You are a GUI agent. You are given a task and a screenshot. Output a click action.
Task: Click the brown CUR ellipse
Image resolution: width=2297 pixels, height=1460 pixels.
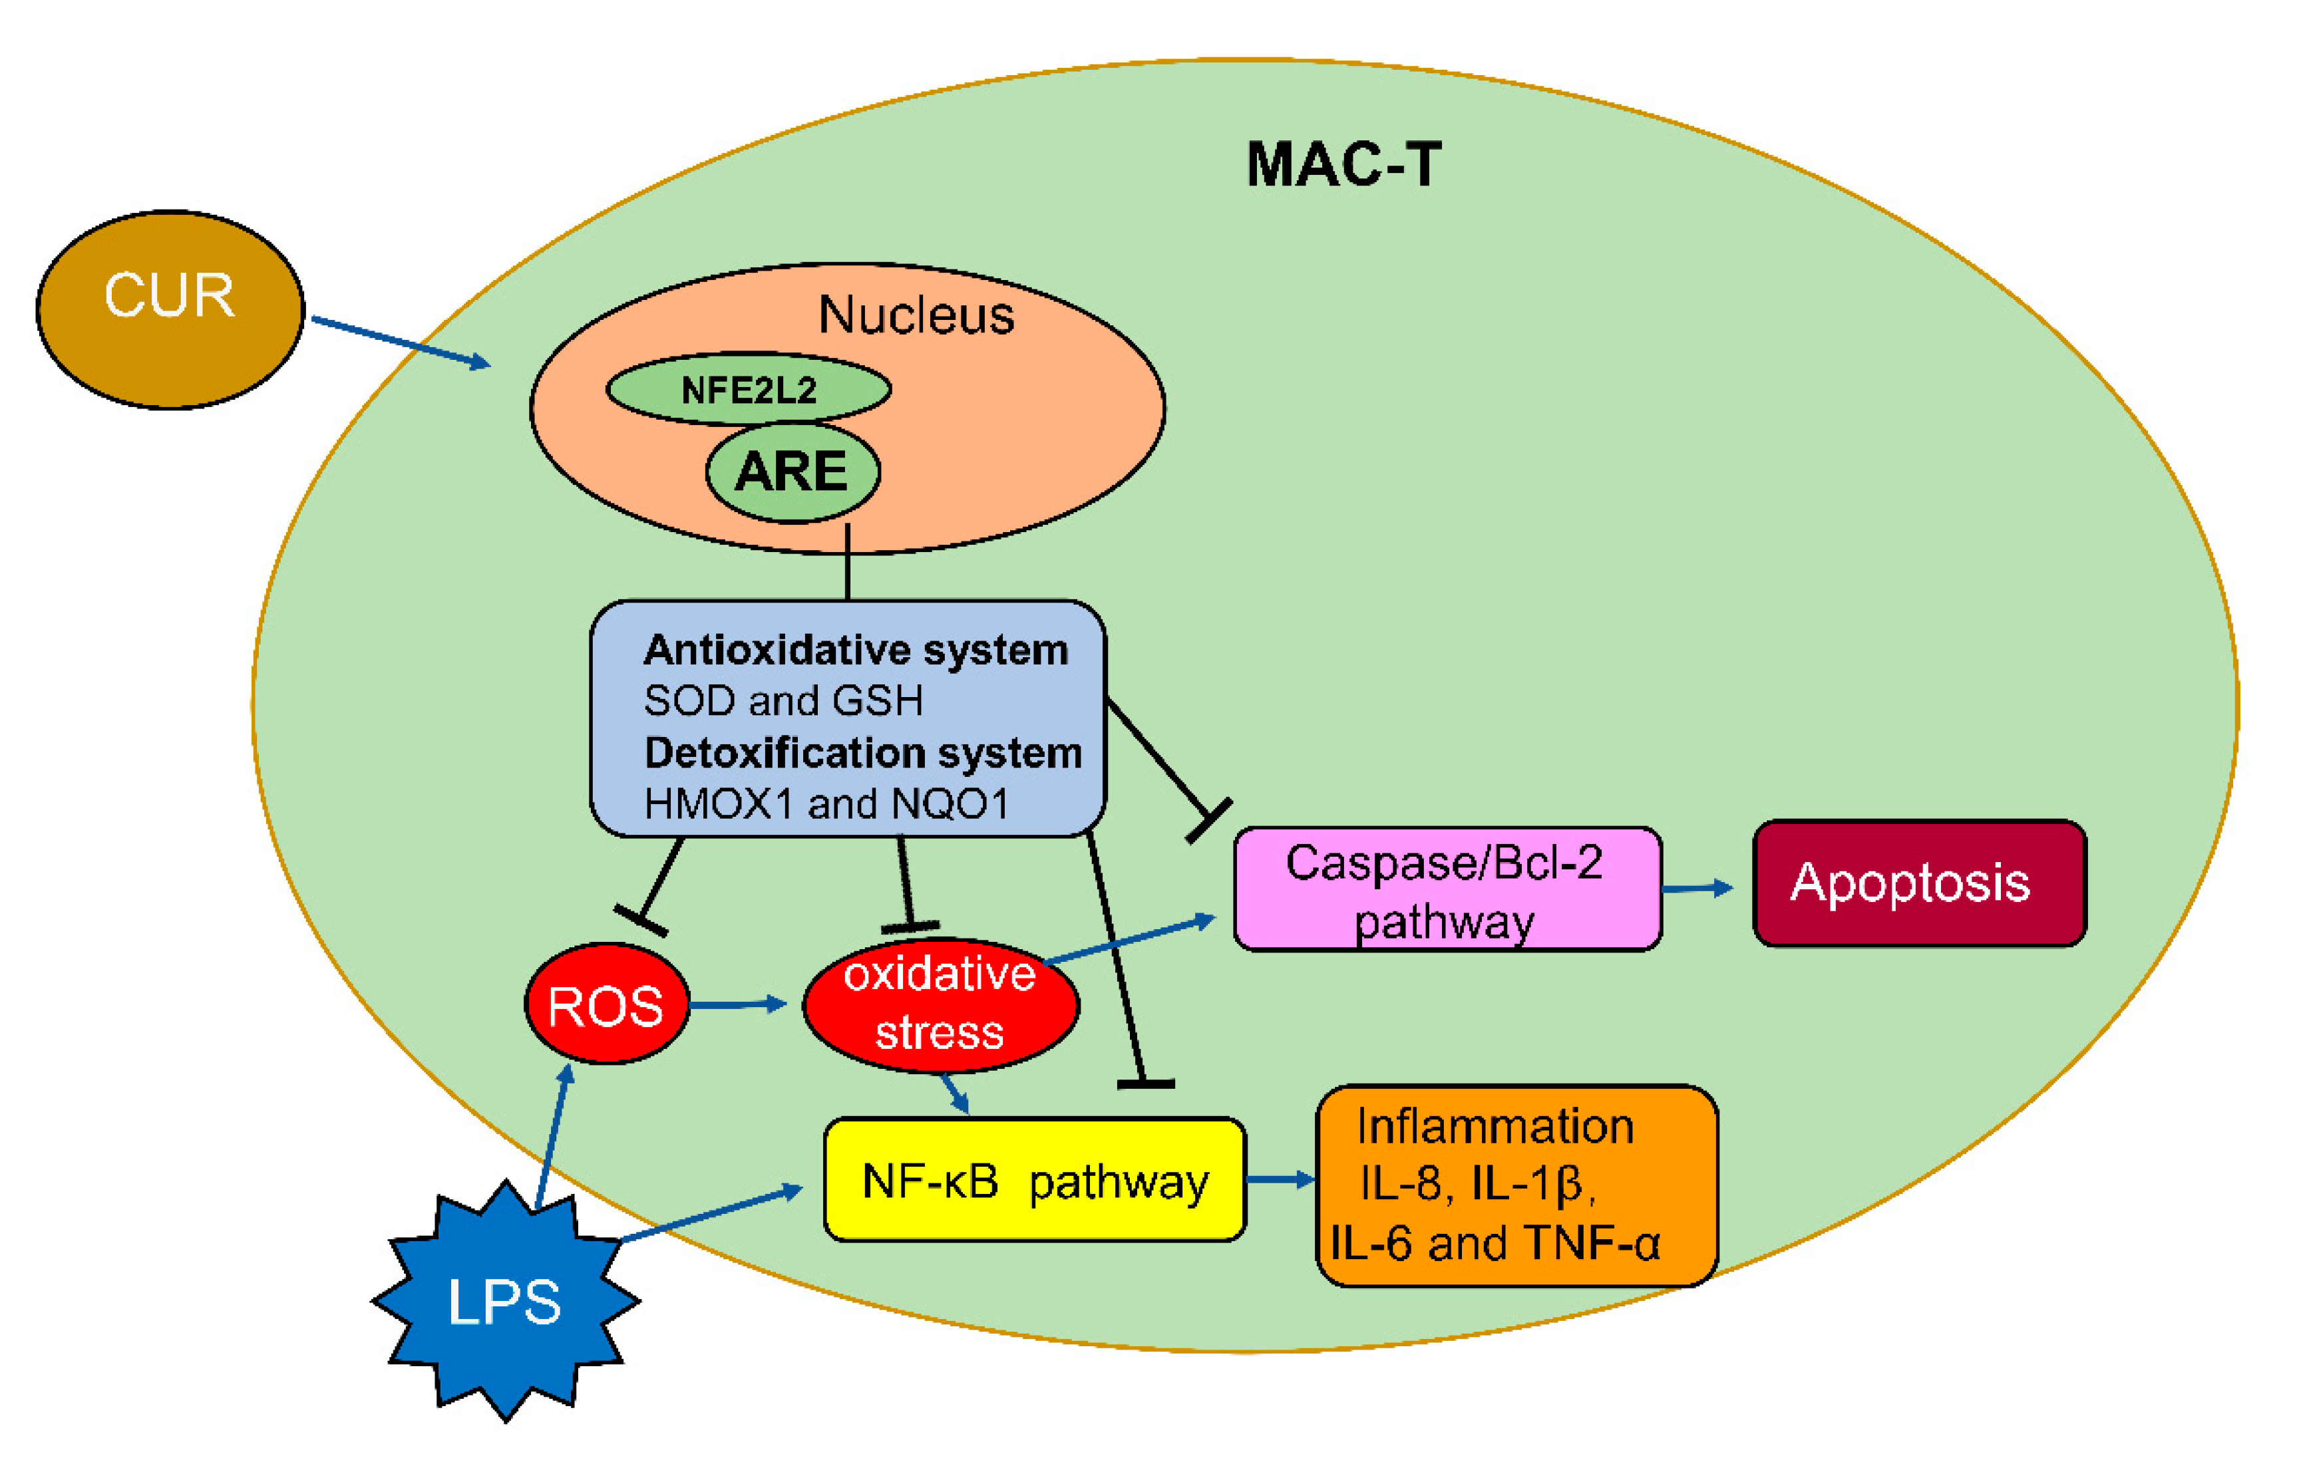coord(170,310)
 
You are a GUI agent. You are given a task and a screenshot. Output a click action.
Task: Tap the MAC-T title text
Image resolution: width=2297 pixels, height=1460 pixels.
coord(1343,165)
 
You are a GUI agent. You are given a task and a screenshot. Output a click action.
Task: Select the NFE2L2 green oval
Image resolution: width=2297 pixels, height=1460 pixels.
coord(749,390)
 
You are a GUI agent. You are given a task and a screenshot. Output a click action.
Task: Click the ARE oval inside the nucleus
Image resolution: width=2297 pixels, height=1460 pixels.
coord(793,472)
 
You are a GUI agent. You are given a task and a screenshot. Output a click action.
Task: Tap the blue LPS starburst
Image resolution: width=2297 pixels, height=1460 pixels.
coord(506,1302)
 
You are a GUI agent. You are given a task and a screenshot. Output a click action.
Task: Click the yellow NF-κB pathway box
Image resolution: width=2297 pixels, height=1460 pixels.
coord(1035,1181)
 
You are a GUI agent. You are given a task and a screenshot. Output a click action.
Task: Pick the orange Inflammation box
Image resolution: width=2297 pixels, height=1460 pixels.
coord(1516,1185)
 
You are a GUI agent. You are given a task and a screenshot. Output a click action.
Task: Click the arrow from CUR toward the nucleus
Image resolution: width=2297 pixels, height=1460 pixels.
coord(401,341)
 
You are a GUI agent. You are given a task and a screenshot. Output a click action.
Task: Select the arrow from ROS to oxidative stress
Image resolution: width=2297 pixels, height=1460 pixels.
coord(737,1004)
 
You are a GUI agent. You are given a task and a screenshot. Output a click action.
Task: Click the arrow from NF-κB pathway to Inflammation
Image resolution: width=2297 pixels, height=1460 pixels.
coord(1280,1181)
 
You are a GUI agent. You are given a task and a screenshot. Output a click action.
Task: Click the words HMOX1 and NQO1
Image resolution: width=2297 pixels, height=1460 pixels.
coord(826,804)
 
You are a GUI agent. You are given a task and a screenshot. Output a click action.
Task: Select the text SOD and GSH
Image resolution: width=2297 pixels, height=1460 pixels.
coord(783,701)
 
